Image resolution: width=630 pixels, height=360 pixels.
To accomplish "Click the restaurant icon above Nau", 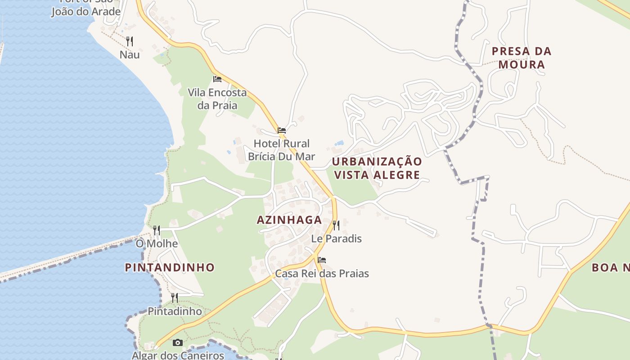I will click(x=130, y=41).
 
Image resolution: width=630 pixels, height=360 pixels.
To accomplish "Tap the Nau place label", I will click(x=130, y=55).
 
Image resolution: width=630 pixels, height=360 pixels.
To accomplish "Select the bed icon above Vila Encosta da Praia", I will click(x=217, y=79).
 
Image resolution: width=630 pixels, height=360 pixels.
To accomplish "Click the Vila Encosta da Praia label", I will click(x=217, y=99).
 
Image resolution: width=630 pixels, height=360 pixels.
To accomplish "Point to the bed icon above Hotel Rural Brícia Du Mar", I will click(x=282, y=130).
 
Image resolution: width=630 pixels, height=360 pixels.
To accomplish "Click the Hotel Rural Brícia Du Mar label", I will click(x=282, y=150).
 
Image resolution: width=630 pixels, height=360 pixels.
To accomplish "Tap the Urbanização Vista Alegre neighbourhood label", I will click(x=377, y=168).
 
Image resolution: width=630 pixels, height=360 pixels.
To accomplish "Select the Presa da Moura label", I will click(x=522, y=58).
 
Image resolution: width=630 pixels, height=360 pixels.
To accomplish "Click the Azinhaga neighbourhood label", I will click(x=289, y=220).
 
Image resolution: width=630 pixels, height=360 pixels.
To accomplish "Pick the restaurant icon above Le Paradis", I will click(x=336, y=225).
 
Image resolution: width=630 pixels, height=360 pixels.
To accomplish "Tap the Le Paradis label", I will click(x=337, y=238).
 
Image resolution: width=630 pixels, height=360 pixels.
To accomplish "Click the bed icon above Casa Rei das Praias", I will click(x=322, y=260).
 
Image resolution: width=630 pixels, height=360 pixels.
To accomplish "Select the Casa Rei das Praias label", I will click(x=322, y=273).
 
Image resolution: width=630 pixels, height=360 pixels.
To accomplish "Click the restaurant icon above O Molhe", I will click(x=157, y=230).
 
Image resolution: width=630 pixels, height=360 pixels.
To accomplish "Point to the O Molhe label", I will click(x=157, y=244).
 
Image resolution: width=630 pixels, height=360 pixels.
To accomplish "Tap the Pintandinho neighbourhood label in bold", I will click(x=170, y=267).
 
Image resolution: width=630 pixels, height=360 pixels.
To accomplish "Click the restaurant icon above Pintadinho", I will click(x=175, y=297).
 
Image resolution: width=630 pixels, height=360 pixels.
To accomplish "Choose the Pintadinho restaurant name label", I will click(x=175, y=311).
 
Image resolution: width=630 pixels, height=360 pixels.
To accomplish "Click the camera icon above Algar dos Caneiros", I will click(x=178, y=343).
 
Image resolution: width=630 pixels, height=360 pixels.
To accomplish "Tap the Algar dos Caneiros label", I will click(x=178, y=355).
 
